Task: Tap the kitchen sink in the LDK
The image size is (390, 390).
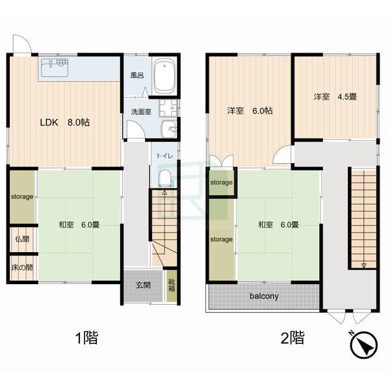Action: pos(55,68)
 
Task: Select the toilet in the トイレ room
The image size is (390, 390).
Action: pos(166,178)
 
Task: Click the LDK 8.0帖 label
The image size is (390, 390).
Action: pos(64,122)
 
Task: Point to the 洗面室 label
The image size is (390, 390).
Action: pos(141,112)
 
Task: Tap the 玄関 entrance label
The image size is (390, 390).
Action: pos(143,285)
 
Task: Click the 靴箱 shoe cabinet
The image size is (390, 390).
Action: pos(172,286)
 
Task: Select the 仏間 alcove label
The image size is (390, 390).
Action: pos(22,239)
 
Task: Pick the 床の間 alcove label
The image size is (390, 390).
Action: pos(22,268)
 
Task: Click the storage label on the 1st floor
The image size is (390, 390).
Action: pos(22,197)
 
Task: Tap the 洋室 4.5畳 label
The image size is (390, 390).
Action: pos(335,96)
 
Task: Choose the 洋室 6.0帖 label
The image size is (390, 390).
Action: pos(250,110)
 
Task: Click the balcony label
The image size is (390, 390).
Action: pos(264,296)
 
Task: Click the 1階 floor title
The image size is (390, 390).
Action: pos(86,337)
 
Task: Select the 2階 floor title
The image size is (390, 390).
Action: pos(292,337)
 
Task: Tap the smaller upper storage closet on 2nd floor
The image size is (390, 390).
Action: pos(222,182)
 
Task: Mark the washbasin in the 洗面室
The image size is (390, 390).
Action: pos(169,129)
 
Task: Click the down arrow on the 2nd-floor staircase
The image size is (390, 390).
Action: pos(364,265)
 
